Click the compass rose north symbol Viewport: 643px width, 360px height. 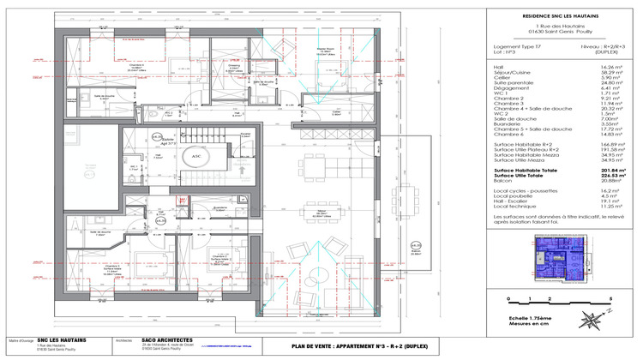[591, 321]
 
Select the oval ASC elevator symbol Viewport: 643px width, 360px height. [196, 157]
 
